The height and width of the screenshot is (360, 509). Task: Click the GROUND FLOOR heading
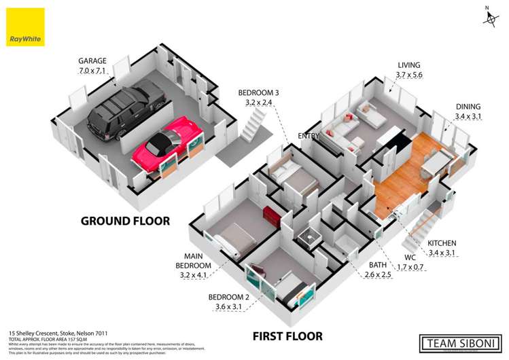coord(125,221)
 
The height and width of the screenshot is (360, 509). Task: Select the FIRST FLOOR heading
coord(287,336)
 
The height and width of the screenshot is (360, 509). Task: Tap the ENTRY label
coord(309,136)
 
